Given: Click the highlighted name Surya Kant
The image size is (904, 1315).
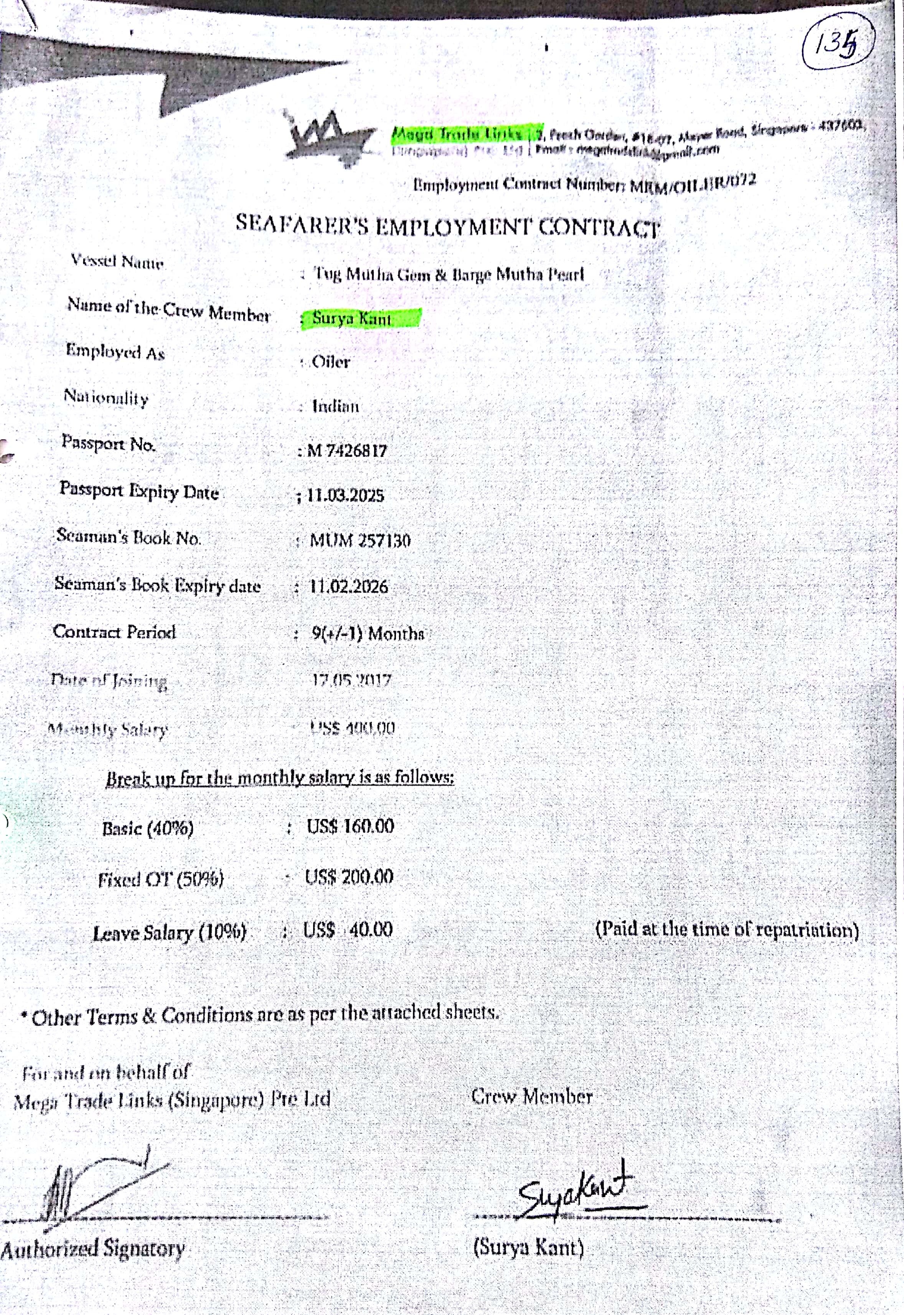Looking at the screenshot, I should click(x=352, y=319).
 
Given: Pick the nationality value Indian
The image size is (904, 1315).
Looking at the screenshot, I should click(x=336, y=407).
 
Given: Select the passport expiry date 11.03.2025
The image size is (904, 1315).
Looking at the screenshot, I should click(x=345, y=496).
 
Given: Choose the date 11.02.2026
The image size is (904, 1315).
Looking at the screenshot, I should click(x=349, y=586).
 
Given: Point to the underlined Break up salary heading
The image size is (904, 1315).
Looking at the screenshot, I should click(x=280, y=778).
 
